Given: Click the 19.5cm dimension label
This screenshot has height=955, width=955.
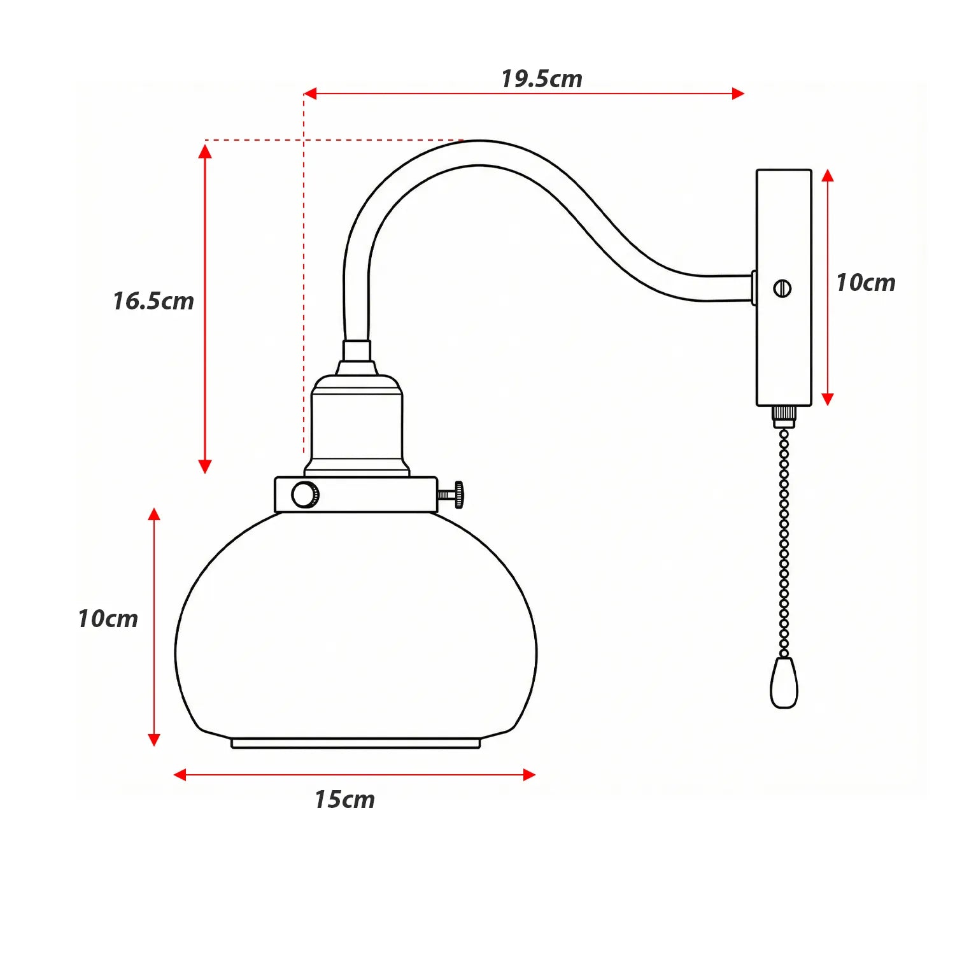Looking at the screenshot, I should pos(541,79).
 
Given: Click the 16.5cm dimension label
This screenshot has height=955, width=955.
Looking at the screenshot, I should pos(153,301).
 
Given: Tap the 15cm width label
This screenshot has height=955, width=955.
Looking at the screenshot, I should pos(344,800).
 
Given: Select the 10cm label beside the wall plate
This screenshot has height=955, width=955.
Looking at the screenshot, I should pos(865,283).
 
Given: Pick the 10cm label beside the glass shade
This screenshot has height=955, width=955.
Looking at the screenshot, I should pos(108,619).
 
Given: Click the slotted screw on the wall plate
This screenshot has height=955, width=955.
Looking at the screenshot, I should pos(782,288).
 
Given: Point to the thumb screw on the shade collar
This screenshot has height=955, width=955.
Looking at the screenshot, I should pos(453,495).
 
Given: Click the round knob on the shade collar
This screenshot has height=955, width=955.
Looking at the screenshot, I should pos(305,495).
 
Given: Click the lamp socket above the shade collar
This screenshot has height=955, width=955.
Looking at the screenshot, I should pos(357,423).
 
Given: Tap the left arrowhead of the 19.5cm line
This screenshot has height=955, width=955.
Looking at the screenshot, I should pos(310,94).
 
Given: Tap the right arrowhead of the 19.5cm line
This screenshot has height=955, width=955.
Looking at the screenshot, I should pos(738,94).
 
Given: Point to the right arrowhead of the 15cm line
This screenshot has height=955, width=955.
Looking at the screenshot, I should pos(528,775).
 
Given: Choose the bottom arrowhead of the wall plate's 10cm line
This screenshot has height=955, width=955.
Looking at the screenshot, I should pos(828,399).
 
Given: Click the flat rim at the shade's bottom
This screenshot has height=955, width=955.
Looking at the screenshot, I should pos(355,743).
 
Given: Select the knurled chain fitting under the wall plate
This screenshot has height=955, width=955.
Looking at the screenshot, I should pos(784,416).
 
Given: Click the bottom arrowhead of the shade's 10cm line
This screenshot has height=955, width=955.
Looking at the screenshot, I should pos(154,739).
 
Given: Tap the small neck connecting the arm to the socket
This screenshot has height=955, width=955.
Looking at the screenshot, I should pos(357,351).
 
